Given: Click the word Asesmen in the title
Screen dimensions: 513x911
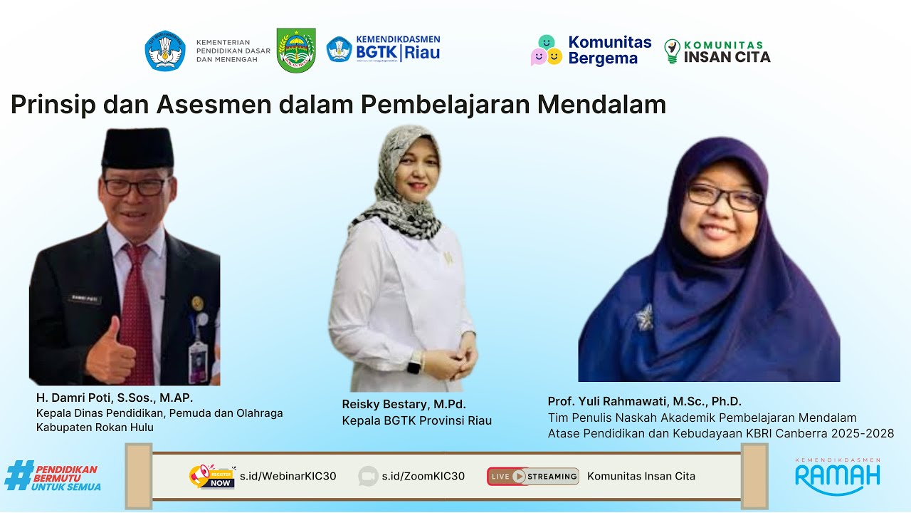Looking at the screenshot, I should pos(213,105).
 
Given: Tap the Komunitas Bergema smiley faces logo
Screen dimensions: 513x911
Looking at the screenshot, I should pos(547,50).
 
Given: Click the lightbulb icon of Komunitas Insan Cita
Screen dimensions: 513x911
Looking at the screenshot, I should pos(672,51).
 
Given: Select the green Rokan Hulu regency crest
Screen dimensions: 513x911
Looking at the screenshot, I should pos(296,50).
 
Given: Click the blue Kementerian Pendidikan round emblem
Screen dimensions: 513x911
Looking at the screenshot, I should pos(165,51).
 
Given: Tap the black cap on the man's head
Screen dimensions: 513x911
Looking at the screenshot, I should pos(137,147).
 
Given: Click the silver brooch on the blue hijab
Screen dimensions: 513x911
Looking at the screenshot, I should pos(645,316).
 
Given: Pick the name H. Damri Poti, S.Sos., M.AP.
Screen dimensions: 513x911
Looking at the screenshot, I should pos(115,398).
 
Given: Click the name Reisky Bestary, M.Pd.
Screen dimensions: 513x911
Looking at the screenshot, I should pos(404,404).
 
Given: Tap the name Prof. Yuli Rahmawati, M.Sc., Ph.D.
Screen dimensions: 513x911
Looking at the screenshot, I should pos(644,401).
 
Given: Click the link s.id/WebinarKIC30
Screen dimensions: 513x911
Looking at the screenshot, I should pos(288,476).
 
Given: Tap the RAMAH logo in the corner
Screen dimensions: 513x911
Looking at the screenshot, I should pos(838,475).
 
